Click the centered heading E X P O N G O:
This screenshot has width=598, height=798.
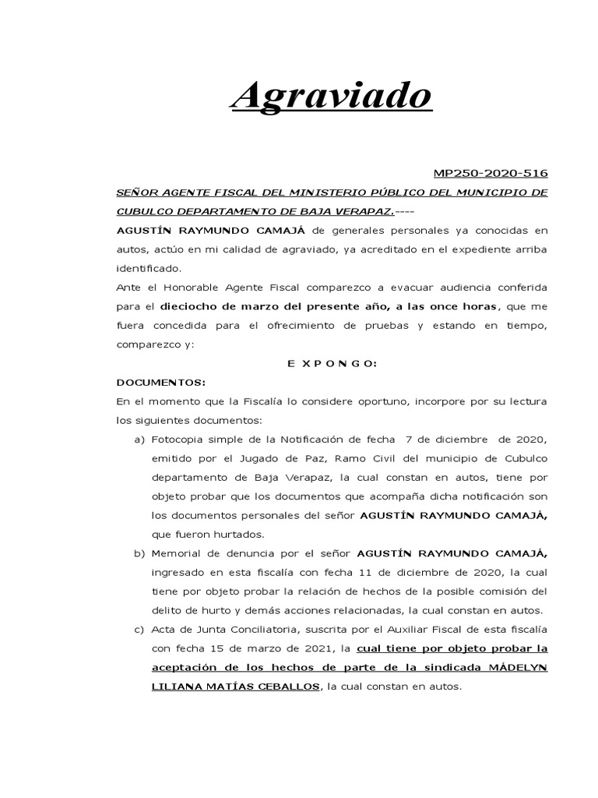[x=332, y=363]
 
